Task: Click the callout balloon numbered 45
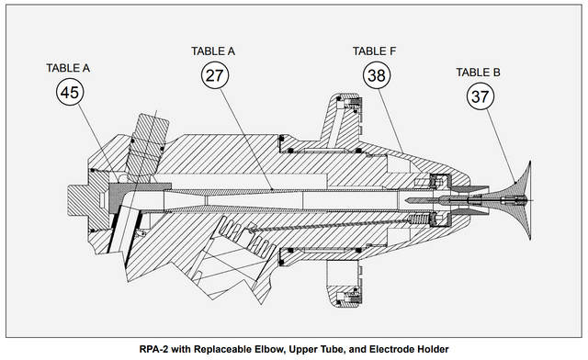click(x=70, y=92)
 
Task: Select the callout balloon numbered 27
click(x=215, y=75)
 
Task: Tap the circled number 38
click(x=377, y=75)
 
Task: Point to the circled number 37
click(x=481, y=96)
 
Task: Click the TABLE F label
click(x=374, y=51)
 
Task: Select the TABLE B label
click(x=478, y=72)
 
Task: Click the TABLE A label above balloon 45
click(x=68, y=68)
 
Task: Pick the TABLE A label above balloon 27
click(x=213, y=51)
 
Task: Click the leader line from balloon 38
click(x=390, y=120)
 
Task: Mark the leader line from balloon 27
click(x=246, y=139)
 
